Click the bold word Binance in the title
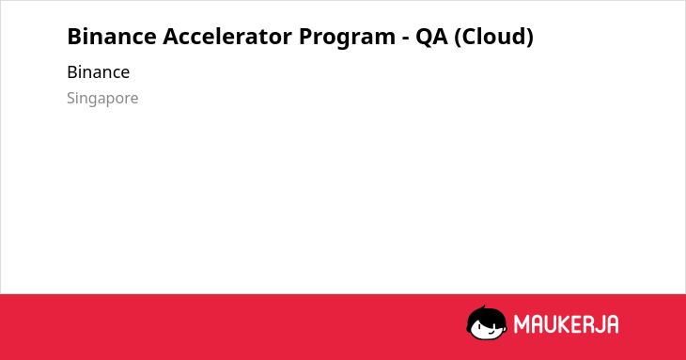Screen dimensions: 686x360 [x=112, y=36]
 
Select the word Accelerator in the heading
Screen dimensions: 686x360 [x=227, y=36]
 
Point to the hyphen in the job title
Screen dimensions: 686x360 [x=406, y=39]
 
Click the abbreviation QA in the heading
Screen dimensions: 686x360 [x=432, y=37]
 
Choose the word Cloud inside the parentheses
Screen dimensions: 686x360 [x=493, y=36]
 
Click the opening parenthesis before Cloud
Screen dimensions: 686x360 [x=458, y=38]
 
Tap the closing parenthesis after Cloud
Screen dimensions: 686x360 [x=529, y=38]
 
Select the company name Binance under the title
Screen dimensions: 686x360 [x=99, y=72]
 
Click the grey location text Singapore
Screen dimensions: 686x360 [x=102, y=99]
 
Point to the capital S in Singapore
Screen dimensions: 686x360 [x=70, y=98]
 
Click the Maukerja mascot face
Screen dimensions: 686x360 [x=487, y=322]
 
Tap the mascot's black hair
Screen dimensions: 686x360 [x=485, y=314]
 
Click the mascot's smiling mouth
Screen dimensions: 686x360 [x=491, y=333]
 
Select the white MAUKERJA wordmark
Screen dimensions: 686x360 [x=566, y=324]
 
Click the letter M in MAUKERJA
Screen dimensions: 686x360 [x=521, y=324]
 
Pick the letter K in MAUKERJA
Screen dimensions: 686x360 [x=563, y=324]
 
